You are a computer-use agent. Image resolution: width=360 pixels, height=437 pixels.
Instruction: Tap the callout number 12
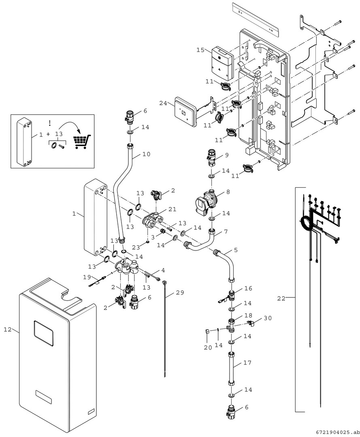coord(8,330)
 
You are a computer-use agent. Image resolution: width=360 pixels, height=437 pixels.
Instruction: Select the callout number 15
coord(200,50)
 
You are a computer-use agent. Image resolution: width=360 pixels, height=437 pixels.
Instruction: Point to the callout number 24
coord(163,103)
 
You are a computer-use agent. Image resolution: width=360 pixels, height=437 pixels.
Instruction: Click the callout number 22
coord(281,299)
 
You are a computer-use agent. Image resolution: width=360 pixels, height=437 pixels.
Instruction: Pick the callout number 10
coord(146,154)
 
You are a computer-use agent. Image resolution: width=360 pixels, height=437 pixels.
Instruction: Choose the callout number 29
coord(180,292)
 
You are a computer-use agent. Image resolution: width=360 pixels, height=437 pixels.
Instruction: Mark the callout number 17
coord(247,363)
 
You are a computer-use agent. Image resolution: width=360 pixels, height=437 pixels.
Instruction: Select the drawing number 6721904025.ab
coord(335,431)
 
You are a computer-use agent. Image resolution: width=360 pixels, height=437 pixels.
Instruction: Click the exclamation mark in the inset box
coord(50,123)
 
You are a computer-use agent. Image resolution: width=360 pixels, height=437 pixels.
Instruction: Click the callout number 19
coord(87,277)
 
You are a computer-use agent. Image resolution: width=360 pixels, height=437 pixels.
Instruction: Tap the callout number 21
coord(173,209)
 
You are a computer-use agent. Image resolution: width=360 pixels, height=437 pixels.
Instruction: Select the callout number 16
coord(248,289)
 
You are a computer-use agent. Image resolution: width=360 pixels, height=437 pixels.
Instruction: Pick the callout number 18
coord(248,315)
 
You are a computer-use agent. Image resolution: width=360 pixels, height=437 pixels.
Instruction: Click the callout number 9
coord(227,155)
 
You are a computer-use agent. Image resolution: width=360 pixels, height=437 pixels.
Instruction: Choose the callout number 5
coord(236,250)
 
